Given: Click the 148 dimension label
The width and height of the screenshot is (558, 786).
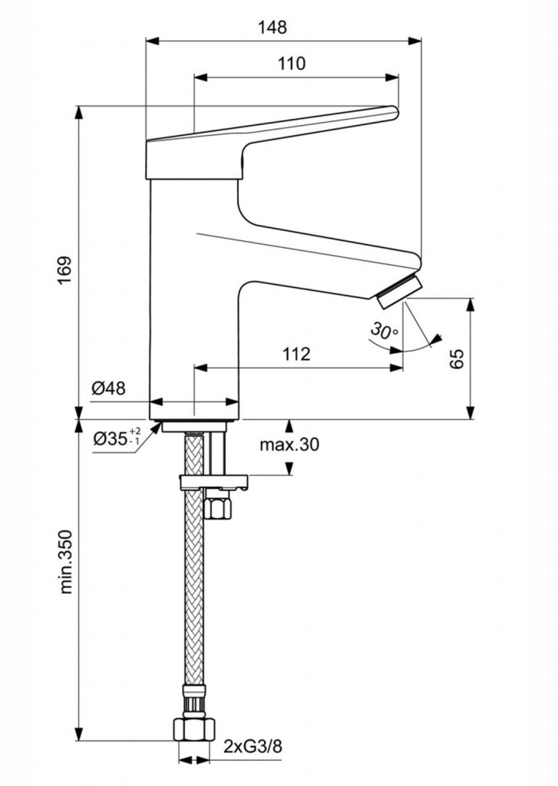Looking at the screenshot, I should click(x=272, y=27).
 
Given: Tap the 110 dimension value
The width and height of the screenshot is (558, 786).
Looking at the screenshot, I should click(x=292, y=64).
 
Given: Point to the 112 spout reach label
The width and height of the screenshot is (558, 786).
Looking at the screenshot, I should click(x=296, y=354).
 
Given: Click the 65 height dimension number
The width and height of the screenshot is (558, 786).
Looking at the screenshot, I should click(x=457, y=358).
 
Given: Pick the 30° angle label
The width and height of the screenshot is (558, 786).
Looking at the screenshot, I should click(x=384, y=331).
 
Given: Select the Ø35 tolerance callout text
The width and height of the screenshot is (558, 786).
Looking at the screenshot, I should click(x=116, y=438).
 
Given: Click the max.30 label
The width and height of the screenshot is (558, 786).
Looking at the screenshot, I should click(x=289, y=444).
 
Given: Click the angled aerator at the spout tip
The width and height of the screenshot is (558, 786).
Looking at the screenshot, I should click(x=400, y=292).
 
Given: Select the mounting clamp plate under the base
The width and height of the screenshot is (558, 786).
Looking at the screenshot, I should click(x=213, y=483).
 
